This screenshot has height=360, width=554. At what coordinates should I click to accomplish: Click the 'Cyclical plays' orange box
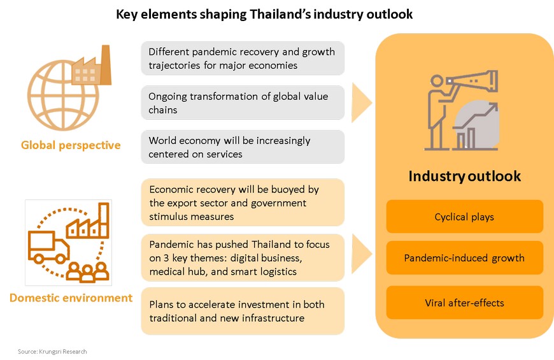click(x=464, y=217)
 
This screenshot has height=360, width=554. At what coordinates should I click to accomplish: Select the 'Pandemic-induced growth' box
click(x=464, y=258)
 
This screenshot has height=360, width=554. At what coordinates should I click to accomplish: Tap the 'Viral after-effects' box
click(x=464, y=303)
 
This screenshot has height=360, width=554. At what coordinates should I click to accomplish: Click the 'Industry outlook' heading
click(x=465, y=176)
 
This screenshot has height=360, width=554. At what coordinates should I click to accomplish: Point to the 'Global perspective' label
click(x=71, y=145)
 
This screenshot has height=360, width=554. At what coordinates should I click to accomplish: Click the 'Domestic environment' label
click(x=71, y=298)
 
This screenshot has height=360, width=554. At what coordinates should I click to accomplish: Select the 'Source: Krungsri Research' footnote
click(x=52, y=352)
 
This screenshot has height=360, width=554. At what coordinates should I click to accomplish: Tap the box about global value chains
click(x=243, y=103)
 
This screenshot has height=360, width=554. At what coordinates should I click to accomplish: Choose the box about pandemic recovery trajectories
click(x=243, y=59)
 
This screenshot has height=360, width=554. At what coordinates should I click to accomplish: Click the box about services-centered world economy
click(x=243, y=147)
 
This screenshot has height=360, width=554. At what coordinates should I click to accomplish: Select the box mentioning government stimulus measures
click(x=243, y=202)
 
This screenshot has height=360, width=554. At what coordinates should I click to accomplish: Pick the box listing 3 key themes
click(x=243, y=257)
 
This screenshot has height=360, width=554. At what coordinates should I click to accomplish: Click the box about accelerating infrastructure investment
click(x=243, y=311)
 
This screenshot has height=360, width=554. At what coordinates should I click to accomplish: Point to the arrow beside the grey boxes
click(x=360, y=103)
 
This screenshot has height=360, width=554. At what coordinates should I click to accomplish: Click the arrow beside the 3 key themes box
click(x=360, y=254)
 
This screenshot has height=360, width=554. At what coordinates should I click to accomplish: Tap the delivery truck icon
click(x=48, y=247)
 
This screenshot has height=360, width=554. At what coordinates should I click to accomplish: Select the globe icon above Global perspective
click(x=63, y=95)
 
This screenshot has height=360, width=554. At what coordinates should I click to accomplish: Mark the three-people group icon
click(x=88, y=271)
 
